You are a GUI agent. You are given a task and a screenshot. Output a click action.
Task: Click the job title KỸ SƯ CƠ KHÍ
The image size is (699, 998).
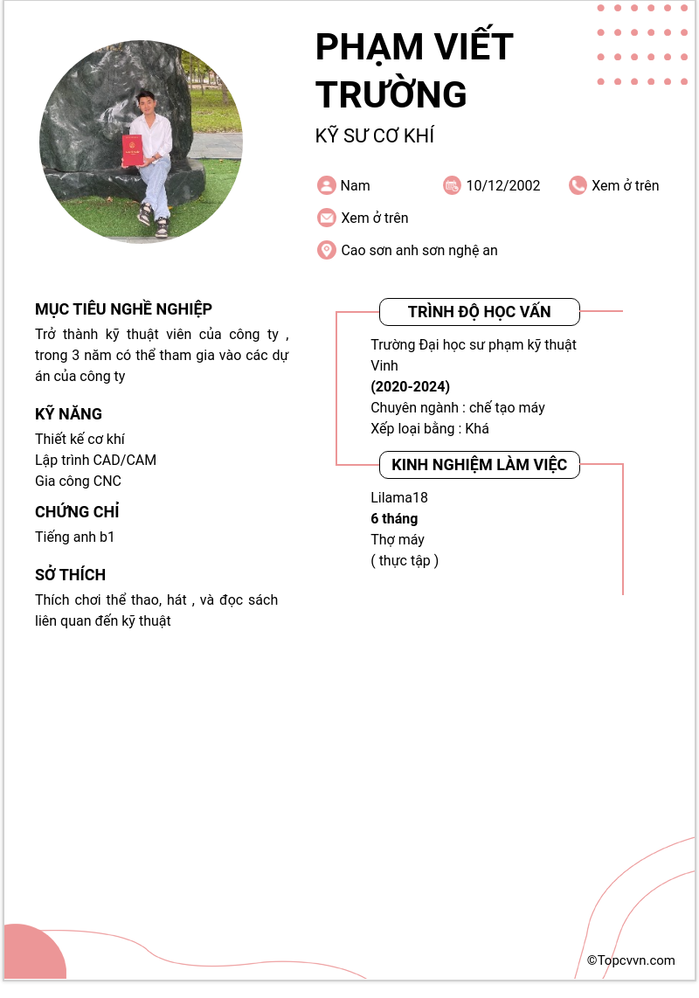(374, 136)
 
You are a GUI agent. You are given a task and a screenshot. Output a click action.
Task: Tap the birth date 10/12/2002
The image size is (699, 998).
(502, 185)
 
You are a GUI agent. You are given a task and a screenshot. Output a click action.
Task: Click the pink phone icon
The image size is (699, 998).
(578, 185)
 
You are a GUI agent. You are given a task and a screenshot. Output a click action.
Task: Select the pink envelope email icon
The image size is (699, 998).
(327, 218)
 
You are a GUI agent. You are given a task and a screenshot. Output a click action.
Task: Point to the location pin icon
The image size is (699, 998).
(327, 250)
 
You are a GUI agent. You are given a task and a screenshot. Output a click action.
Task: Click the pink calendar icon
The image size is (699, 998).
(452, 185)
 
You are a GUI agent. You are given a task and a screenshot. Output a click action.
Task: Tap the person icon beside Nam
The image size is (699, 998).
(327, 185)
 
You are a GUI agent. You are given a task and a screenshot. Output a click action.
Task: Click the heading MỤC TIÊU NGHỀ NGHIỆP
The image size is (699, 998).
(123, 309)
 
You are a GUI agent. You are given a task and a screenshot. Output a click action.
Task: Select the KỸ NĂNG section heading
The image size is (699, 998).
(68, 414)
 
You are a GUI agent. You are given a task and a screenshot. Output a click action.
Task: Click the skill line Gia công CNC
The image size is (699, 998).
(78, 481)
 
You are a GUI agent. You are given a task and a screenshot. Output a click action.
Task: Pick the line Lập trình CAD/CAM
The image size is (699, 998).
(95, 460)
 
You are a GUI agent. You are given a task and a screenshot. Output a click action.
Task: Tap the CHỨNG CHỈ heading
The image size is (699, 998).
(77, 512)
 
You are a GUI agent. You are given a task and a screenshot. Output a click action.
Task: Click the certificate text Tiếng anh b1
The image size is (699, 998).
(74, 537)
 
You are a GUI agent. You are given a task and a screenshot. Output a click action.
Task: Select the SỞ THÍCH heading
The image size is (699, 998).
(70, 575)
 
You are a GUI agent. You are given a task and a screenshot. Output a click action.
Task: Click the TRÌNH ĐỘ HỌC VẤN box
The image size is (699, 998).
(479, 312)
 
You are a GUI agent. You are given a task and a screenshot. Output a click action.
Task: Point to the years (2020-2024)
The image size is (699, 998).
(410, 386)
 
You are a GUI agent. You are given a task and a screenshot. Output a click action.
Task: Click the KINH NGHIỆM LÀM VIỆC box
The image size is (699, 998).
(479, 465)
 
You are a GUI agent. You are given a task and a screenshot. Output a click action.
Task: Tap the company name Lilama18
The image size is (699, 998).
(399, 498)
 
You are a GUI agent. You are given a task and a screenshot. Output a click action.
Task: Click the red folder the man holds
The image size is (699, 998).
(133, 150)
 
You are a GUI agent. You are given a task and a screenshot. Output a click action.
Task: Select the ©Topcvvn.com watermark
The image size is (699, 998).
(631, 960)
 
